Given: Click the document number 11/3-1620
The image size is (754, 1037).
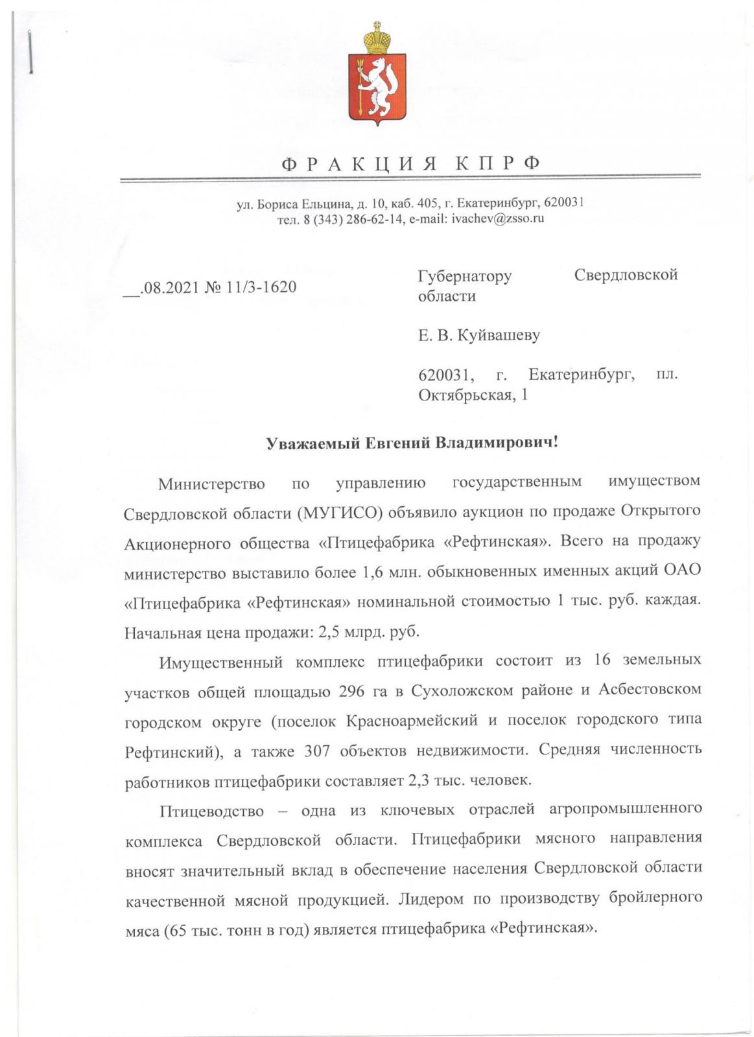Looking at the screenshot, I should pyautogui.click(x=261, y=286).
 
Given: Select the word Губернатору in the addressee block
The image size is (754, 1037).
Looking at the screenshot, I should pyautogui.click(x=465, y=276).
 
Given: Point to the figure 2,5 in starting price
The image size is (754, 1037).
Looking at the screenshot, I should pyautogui.click(x=332, y=631).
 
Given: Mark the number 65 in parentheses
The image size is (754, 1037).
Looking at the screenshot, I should pyautogui.click(x=178, y=929).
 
